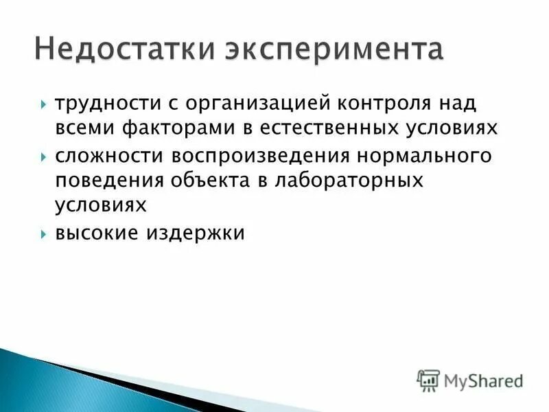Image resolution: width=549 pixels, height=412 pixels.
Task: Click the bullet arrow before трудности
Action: pyautogui.click(x=43, y=105)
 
